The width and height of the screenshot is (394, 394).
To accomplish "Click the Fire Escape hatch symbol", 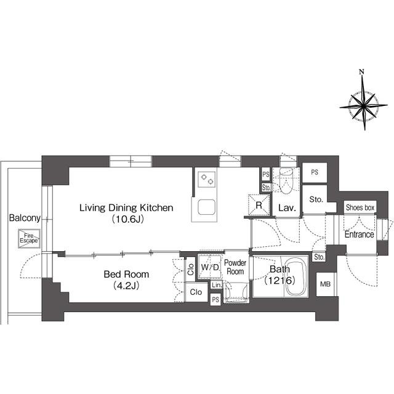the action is tap(29, 238).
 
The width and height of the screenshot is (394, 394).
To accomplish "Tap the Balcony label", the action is tap(25, 218).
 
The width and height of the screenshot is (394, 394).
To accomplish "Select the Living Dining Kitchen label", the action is tap(126, 208).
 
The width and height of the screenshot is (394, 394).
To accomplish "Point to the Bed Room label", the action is tap(126, 274).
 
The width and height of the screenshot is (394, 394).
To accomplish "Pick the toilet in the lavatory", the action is tap(286, 180).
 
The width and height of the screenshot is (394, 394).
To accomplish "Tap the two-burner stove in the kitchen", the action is tap(207, 179).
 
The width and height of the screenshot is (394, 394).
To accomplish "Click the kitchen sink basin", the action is tap(207, 207).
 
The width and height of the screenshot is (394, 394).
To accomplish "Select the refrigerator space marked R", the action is tap(259, 205).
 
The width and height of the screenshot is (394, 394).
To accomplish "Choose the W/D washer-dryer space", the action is tap(210, 267).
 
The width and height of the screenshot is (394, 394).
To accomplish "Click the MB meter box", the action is tap(325, 284).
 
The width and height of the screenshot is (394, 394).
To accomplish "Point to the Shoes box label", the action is tap(360, 207).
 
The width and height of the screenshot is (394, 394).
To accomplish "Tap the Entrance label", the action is tap(360, 235).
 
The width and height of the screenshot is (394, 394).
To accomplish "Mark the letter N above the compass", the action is tap(361, 72).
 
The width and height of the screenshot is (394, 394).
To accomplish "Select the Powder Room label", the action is tap(235, 267).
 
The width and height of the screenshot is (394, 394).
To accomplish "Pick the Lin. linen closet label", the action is tap(217, 285).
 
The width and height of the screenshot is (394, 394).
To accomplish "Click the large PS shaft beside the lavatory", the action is tap(315, 172).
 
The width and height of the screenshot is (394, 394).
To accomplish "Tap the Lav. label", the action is tap(287, 208).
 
